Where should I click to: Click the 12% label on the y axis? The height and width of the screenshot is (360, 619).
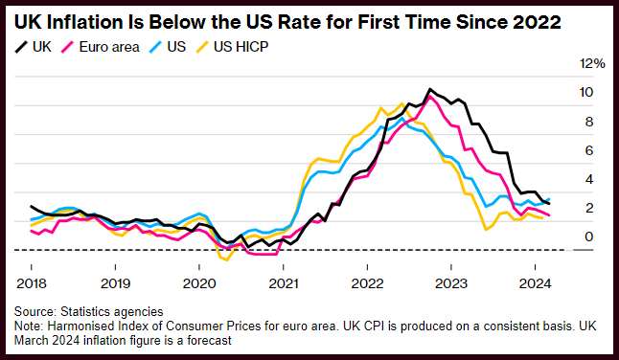592,63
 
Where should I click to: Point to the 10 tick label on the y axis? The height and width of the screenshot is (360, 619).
585,92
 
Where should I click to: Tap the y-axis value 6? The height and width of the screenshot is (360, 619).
589,150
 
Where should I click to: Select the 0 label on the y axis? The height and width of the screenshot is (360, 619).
589,236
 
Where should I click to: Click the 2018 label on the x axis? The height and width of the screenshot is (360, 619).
32,283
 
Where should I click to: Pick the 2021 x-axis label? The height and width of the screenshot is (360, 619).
284,283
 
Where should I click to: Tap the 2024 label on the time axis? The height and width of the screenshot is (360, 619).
535,283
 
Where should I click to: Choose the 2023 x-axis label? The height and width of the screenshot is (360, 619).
451,283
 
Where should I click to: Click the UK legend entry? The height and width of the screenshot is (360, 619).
34,47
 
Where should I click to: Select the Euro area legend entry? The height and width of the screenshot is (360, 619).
101,47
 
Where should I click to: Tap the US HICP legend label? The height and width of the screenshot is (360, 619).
232,47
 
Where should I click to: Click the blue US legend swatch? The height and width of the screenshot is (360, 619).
155,47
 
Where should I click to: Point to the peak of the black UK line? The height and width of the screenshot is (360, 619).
430,89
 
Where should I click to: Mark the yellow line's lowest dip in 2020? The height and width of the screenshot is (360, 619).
226,259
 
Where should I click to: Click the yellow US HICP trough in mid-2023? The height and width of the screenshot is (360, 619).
486,230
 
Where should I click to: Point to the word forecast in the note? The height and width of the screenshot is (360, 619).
209,340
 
